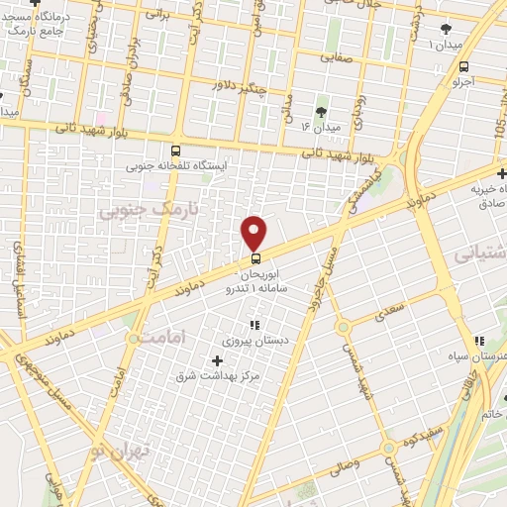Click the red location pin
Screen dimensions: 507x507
[x=254, y=232]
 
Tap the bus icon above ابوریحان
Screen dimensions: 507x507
[x=256, y=260]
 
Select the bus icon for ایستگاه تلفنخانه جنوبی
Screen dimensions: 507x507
[x=175, y=151]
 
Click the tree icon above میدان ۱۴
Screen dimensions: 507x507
[x=320, y=112]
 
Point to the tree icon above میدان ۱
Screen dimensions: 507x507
[x=445, y=29]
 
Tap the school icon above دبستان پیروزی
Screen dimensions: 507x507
[x=254, y=325]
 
